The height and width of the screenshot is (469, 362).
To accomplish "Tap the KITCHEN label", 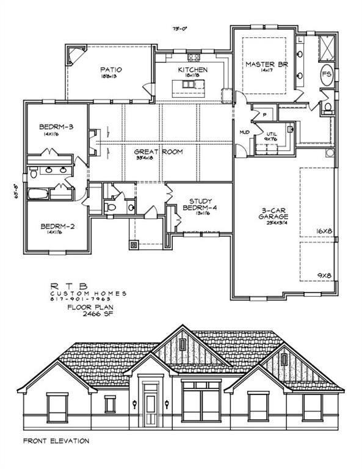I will (x=193, y=70).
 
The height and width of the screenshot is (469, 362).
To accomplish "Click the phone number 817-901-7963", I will (x=89, y=300).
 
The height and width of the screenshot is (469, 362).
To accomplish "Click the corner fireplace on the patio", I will (x=74, y=57).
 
